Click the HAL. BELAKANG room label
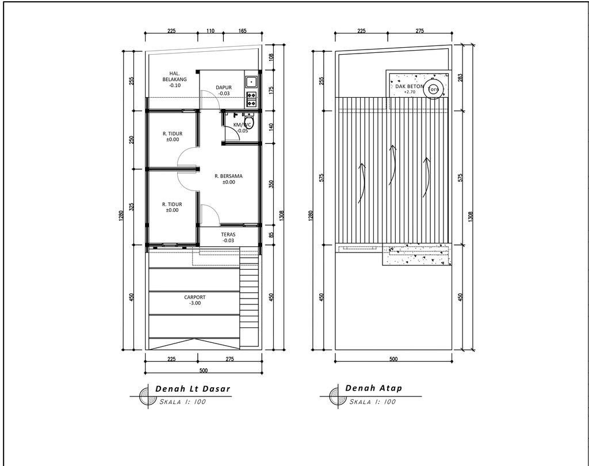click(x=174, y=79)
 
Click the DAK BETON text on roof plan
click(x=410, y=86)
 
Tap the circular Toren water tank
click(x=433, y=89)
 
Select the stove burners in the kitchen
click(x=251, y=99)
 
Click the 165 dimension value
click(x=242, y=31)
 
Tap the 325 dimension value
click(x=132, y=207)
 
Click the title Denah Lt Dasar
click(x=193, y=389)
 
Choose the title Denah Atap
click(x=374, y=388)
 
